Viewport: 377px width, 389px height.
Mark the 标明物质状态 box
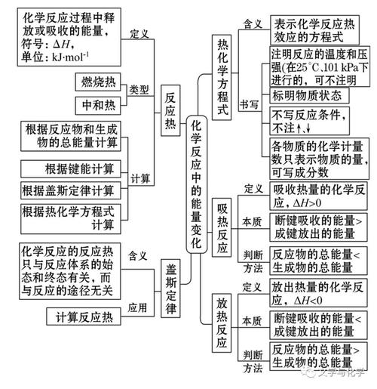pyautogui.click(x=307, y=95)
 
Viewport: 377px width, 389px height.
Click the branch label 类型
pyautogui.click(x=139, y=89)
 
